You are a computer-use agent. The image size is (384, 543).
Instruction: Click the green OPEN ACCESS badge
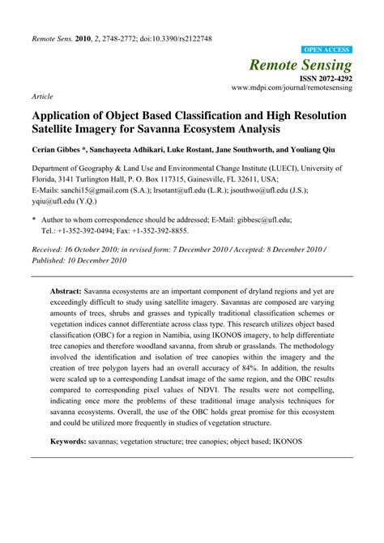[327, 49]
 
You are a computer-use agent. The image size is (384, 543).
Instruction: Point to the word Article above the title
[42, 95]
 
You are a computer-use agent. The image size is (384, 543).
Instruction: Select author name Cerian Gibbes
[58, 149]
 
